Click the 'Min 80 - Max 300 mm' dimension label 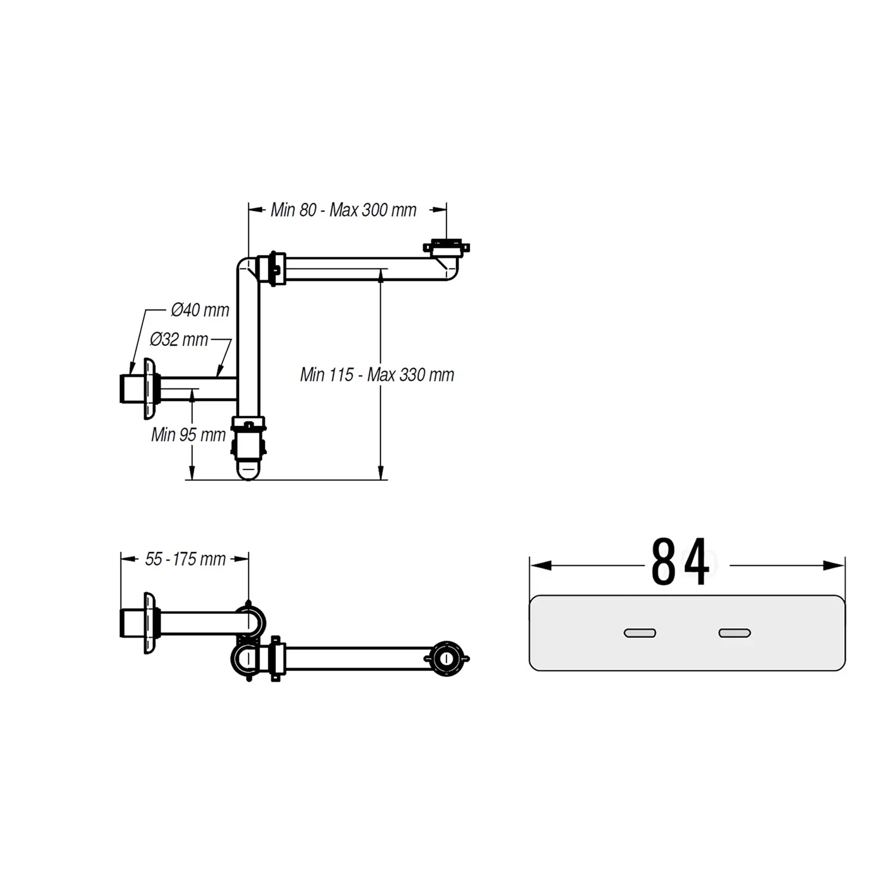(x=343, y=210)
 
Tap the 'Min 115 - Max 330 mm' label (x=377, y=375)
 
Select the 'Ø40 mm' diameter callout (x=200, y=310)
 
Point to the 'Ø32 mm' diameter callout (x=179, y=340)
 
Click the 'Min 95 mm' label (x=188, y=434)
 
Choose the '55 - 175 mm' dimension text (x=185, y=559)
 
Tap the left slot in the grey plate (x=640, y=633)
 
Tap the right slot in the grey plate (x=734, y=633)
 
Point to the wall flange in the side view (x=149, y=389)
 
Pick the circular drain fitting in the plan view (x=446, y=658)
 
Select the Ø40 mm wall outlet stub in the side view (x=131, y=389)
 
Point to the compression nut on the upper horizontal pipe (x=273, y=268)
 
